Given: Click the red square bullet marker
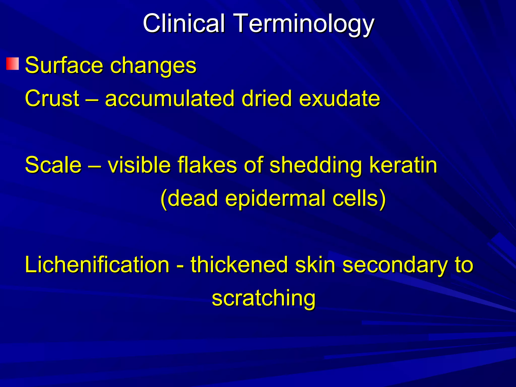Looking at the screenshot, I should click(13, 64).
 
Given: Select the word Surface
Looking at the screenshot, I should click(64, 65).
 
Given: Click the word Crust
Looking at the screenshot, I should click(52, 98).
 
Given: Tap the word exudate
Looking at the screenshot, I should click(339, 98).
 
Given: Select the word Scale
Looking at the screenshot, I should click(53, 165).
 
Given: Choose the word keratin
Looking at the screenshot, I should click(403, 165).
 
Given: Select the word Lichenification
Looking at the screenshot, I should click(97, 265).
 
